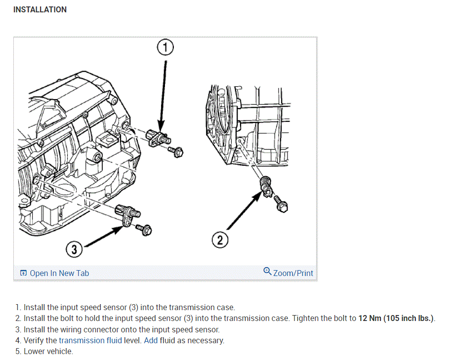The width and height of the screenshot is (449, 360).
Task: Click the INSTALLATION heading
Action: coord(40,9)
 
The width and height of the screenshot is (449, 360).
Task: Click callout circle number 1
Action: coord(165,48)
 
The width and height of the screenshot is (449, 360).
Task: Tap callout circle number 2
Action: coord(220,240)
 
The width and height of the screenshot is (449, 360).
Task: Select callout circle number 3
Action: coord(74,250)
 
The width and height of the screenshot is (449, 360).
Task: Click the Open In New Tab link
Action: coord(59,273)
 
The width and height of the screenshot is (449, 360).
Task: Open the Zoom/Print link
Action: coord(293,273)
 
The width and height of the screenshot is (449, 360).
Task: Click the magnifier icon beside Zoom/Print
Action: coord(267,271)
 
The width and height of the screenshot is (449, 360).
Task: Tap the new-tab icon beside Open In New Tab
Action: coord(23,273)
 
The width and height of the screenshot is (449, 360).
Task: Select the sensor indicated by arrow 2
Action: coord(267,186)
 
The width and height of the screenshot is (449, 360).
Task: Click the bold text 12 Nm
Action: coord(369,319)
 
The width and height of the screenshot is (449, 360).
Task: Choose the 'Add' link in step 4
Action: coord(151,340)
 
